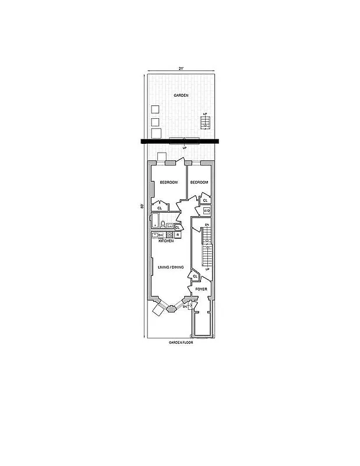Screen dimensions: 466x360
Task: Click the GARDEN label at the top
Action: [181, 95]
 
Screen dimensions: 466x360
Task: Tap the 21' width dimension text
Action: [181, 69]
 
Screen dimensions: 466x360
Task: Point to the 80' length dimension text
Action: [142, 206]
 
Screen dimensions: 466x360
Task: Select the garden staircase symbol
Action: [204, 122]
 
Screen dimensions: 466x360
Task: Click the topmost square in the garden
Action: [155, 109]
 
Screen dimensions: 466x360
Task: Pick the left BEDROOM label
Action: [168, 182]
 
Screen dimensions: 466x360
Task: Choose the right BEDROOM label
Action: [199, 182]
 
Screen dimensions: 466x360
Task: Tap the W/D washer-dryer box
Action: [206, 211]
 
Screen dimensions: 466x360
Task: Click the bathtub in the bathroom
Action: [156, 221]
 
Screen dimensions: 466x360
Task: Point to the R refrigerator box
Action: [177, 235]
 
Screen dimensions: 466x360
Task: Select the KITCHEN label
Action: [166, 241]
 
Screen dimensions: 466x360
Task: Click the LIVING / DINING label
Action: [171, 267]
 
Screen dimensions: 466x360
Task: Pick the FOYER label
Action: [202, 289]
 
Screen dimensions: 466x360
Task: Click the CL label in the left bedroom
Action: [159, 207]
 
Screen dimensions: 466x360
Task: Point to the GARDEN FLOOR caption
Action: [181, 343]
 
